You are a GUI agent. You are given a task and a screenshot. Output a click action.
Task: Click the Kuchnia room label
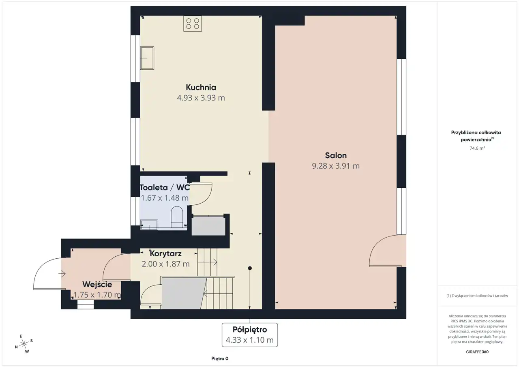click(x=201, y=87)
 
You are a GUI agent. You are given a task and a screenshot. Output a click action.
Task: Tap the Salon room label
click(x=336, y=155)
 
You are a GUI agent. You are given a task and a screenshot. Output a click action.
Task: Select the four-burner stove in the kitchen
click(x=193, y=24)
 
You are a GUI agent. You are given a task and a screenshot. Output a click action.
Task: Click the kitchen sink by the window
click(x=147, y=58)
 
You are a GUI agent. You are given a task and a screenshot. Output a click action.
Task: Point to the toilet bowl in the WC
click(x=177, y=217)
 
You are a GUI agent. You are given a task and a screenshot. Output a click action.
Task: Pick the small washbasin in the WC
click(x=149, y=225)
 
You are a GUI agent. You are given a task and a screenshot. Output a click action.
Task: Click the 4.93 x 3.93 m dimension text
click(x=201, y=98)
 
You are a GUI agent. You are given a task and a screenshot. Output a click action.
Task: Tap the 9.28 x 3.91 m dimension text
click(x=336, y=166)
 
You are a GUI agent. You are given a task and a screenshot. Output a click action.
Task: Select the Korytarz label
click(x=165, y=254)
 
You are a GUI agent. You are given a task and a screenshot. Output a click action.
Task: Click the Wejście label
click(x=97, y=284)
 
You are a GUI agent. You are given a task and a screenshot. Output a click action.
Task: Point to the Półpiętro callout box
click(x=250, y=335)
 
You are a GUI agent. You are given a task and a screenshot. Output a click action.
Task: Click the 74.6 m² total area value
click(x=477, y=148)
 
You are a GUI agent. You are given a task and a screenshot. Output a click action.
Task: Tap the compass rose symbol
click(x=24, y=344)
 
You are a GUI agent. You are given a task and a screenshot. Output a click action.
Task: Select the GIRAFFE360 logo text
click(x=477, y=352)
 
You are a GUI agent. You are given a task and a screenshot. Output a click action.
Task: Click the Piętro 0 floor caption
click(x=220, y=358)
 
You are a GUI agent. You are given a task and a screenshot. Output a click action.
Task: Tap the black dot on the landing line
click(x=250, y=268)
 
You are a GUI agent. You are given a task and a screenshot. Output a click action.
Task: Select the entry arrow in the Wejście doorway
click(x=62, y=274)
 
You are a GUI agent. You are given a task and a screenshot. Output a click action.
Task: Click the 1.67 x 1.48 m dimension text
click(x=165, y=198)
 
